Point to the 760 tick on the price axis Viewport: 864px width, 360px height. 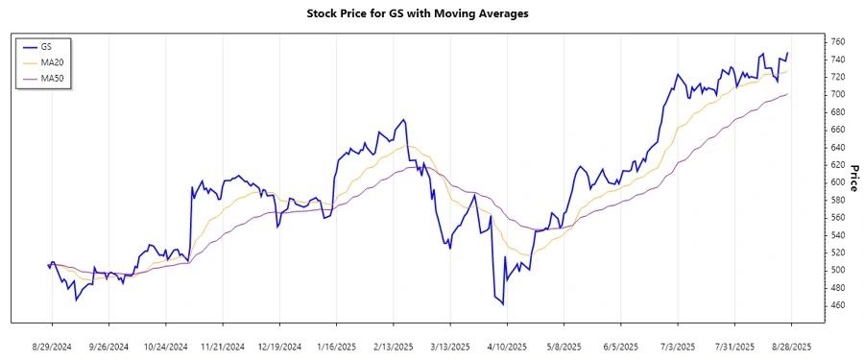(838, 42)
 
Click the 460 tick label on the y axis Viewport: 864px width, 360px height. (838, 305)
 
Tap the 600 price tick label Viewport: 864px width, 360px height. (838, 182)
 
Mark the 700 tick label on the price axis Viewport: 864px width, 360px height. (838, 95)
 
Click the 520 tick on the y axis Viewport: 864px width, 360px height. (838, 252)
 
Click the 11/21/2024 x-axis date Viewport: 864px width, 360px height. (222, 346)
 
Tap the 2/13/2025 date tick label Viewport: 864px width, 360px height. (393, 346)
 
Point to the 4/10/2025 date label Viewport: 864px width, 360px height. (507, 346)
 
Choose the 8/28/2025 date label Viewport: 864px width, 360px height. (791, 346)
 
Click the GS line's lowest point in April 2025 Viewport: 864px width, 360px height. (503, 304)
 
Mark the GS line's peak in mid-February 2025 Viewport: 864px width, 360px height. (404, 120)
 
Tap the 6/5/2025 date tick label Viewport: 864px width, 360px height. (620, 346)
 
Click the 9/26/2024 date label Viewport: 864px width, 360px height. (108, 346)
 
